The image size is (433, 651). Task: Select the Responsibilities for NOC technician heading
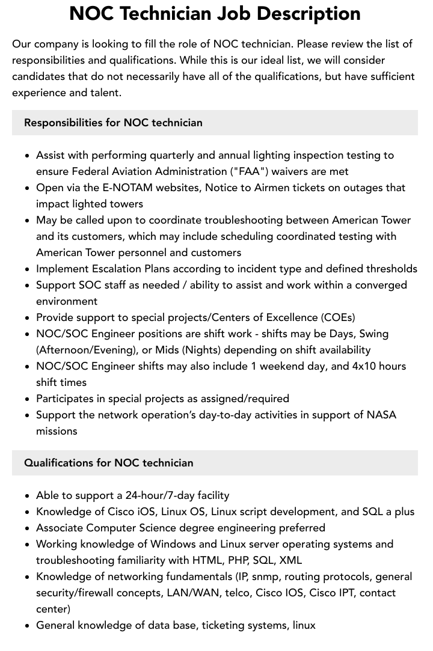[113, 123]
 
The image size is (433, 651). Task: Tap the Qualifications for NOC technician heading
[109, 463]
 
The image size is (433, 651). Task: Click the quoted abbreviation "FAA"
[249, 171]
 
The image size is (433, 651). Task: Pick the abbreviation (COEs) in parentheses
[338, 317]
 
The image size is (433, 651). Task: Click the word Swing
[374, 334]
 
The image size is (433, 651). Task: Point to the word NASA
[381, 415]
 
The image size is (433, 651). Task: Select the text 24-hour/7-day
[161, 495]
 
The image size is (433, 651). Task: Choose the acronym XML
[290, 560]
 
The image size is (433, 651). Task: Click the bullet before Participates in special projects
[28, 399]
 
